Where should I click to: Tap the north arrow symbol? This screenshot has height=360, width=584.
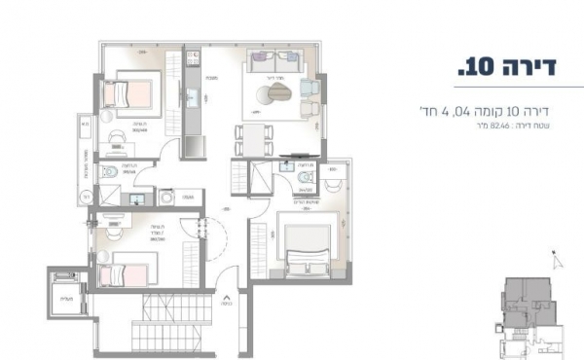(x=557, y=259)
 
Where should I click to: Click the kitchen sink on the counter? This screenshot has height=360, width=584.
(x=193, y=97)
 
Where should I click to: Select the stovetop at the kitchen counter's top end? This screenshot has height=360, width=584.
(x=192, y=60)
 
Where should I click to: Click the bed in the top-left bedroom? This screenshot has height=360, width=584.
(x=128, y=92)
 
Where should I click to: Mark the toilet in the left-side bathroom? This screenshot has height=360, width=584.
(x=113, y=172)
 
